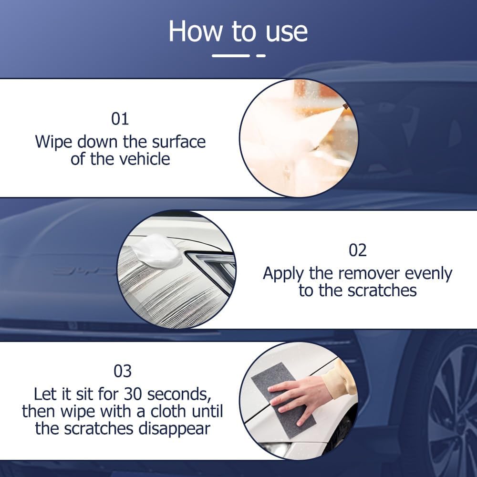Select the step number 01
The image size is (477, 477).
[120, 118]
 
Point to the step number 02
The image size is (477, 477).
[357, 250]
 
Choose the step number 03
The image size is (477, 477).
[123, 371]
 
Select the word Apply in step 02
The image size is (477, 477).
[284, 274]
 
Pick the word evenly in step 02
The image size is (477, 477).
[429, 274]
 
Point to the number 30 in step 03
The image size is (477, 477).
[134, 394]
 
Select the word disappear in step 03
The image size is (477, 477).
[174, 428]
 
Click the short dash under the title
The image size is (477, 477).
[260, 56]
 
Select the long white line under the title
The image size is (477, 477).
[231, 56]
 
